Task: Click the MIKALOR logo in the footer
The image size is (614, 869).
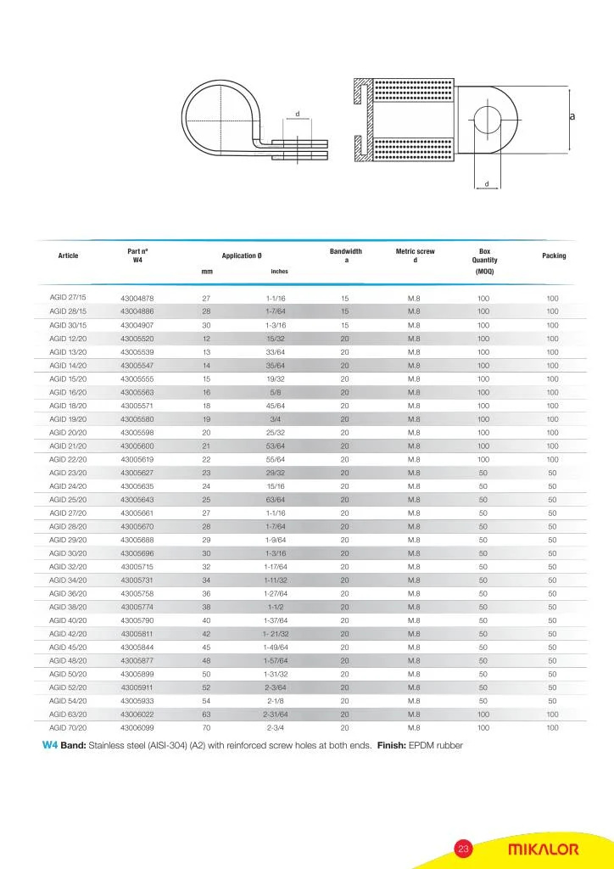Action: point(543,849)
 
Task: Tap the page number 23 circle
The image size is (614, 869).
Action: point(463,849)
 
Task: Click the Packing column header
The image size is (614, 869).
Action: point(553,255)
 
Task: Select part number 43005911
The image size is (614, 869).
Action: point(137,687)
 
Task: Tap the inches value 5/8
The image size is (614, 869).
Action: point(276,392)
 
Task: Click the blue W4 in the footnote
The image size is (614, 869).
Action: point(49,746)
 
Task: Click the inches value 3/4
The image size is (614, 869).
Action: point(276,419)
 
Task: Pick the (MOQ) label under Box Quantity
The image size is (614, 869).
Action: point(484,272)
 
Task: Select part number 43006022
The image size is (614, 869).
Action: point(137,715)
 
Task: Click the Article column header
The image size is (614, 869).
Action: point(68,255)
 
